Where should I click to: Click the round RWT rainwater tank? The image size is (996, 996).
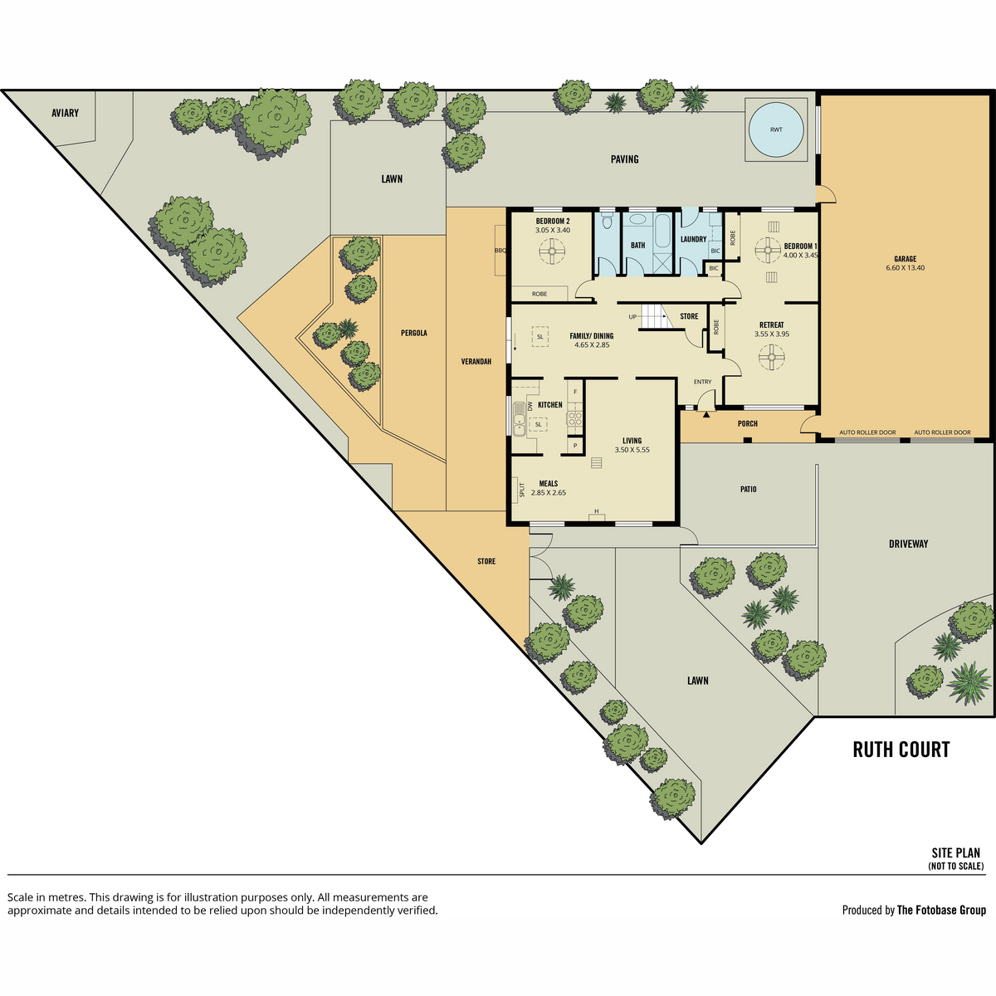(x=776, y=129)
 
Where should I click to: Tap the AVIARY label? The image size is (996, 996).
(x=65, y=113)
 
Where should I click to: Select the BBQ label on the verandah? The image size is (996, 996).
(x=500, y=250)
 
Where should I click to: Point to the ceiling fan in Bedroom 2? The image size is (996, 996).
(x=552, y=251)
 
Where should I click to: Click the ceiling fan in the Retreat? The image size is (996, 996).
(x=772, y=357)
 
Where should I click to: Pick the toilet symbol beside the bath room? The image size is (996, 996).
(x=607, y=222)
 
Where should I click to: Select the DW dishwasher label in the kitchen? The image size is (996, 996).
(x=530, y=406)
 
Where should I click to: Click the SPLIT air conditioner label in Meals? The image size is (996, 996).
(x=522, y=490)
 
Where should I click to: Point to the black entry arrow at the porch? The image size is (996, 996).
(x=706, y=414)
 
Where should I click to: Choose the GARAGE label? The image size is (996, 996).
(x=905, y=259)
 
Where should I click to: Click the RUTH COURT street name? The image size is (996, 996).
(x=901, y=749)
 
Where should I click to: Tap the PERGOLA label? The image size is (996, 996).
(x=414, y=333)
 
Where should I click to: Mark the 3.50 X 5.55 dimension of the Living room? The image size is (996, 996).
(x=632, y=450)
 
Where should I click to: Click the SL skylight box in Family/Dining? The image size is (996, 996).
(x=540, y=336)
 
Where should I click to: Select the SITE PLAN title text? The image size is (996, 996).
(x=955, y=853)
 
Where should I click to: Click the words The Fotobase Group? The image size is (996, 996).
(x=941, y=910)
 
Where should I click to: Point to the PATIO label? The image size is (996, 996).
(x=748, y=489)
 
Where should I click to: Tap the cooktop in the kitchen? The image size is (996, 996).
(x=574, y=418)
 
